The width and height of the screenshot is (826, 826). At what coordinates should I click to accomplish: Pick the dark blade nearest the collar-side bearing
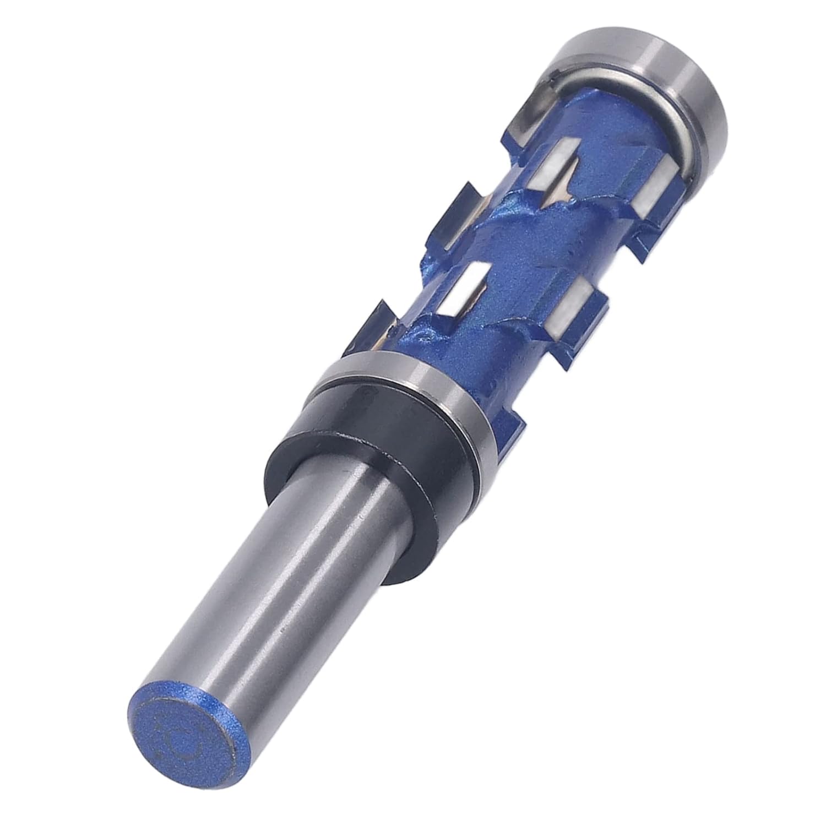click(x=380, y=325)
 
